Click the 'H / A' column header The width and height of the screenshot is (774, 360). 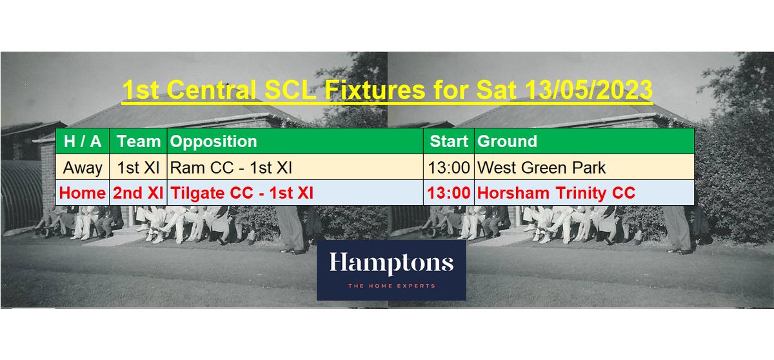coord(83,141)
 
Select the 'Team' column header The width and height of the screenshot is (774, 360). coord(138,141)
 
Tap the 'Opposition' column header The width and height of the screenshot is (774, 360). coord(214,141)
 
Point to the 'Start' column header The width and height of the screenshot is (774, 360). coord(448,141)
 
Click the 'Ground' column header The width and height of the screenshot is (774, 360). coord(506,141)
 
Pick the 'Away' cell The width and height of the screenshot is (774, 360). coord(83,168)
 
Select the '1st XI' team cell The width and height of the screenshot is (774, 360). coord(138,168)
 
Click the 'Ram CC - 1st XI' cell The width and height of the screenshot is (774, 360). coord(231,168)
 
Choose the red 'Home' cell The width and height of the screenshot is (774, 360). coord(83,193)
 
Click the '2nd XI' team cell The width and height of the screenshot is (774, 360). coord(138,193)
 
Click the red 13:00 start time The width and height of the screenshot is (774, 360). coord(448,193)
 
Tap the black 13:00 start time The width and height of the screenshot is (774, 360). coord(448,168)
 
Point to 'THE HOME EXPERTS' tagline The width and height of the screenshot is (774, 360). coord(391,285)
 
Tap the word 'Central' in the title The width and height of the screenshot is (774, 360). coord(212,90)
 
